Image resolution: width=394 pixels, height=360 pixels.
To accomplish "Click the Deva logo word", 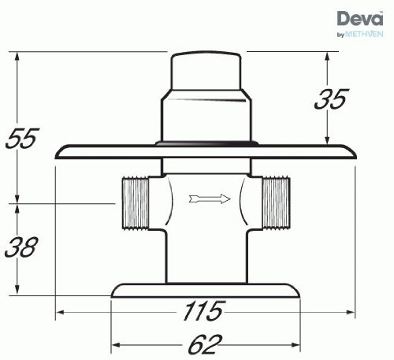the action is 359,18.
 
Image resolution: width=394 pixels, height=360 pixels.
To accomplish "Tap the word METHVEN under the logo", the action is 364,34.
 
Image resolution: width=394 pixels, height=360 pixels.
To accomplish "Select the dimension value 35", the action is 332,99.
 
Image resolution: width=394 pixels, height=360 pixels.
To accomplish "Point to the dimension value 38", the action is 21,247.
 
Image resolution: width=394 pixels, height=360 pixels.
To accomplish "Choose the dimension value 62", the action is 205,344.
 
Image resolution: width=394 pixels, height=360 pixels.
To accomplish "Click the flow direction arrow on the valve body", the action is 210,199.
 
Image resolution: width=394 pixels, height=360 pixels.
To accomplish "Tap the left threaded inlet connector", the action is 136,203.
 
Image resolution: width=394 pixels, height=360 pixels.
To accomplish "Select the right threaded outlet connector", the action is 277,202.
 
